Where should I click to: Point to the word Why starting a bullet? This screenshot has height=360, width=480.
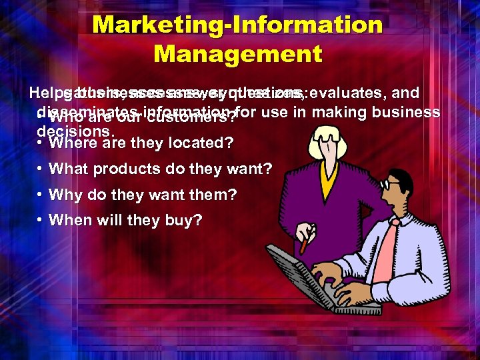click(x=64, y=195)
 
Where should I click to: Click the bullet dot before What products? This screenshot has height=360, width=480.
click(x=41, y=169)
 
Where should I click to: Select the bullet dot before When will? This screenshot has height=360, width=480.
click(x=41, y=220)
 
